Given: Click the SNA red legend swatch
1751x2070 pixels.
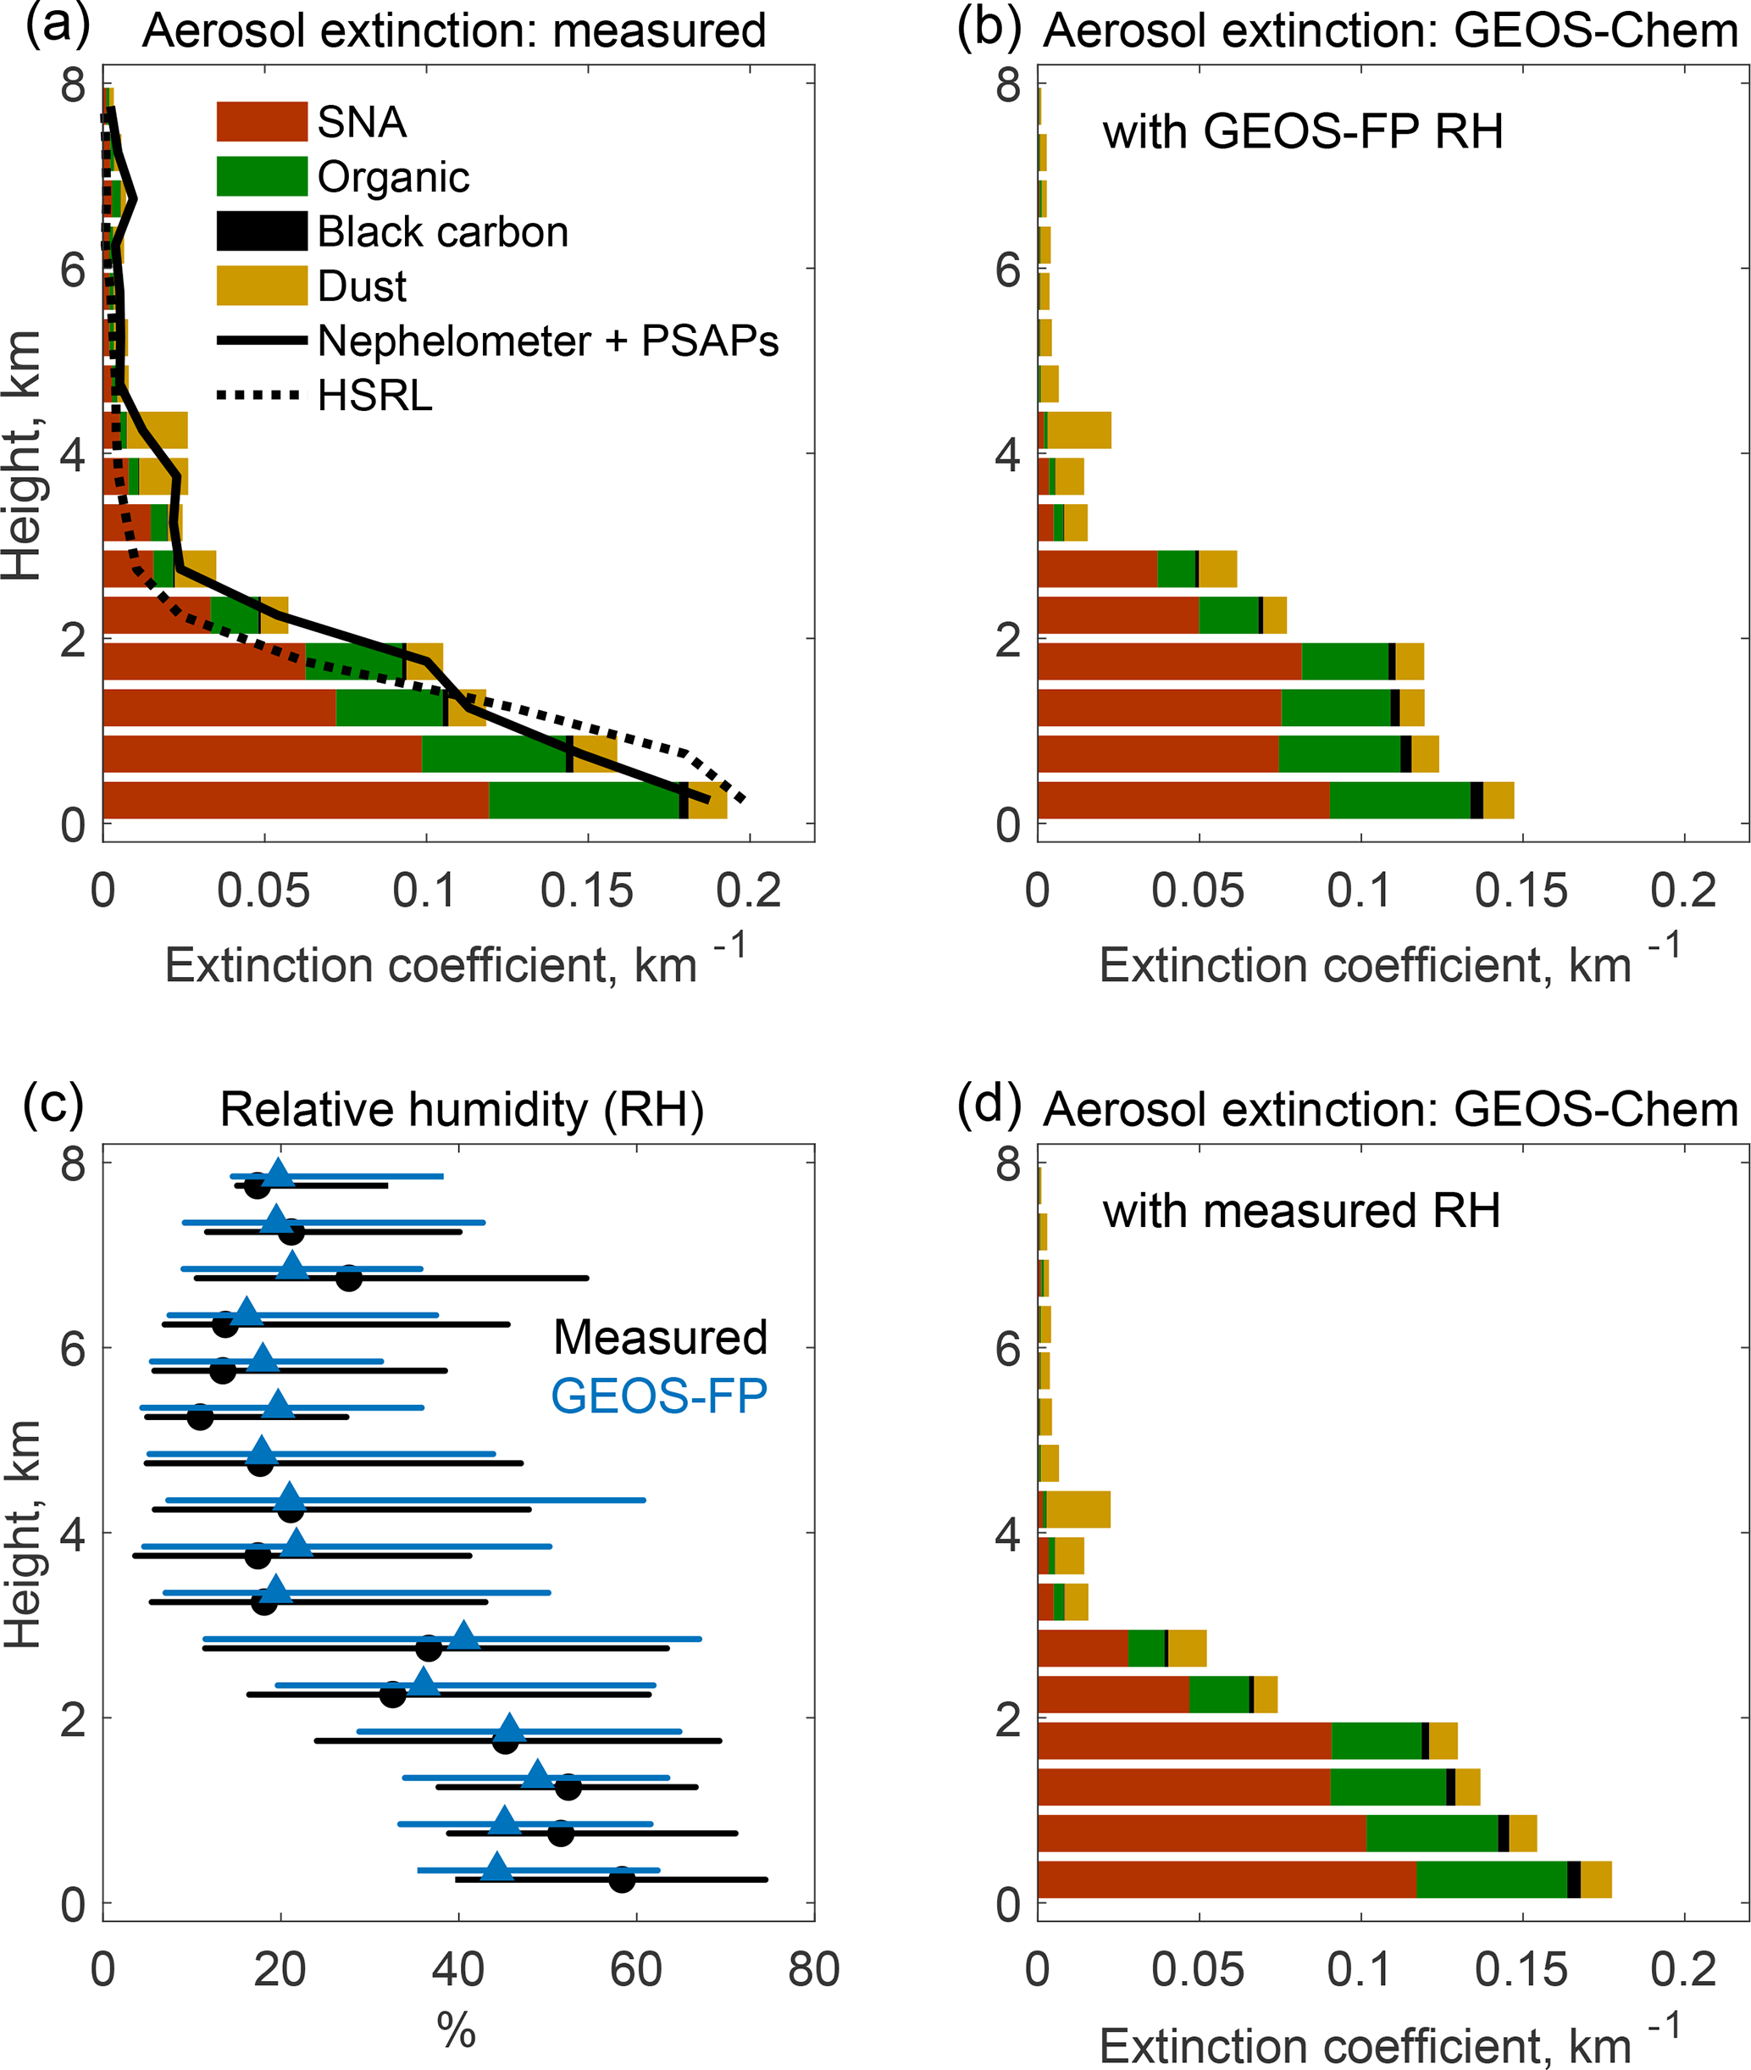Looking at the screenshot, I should click(x=262, y=121).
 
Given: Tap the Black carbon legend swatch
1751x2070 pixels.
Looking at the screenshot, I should click(x=262, y=230).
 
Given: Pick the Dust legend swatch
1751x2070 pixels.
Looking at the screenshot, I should click(x=262, y=285).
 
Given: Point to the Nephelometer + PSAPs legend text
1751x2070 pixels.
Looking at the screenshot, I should click(x=547, y=341).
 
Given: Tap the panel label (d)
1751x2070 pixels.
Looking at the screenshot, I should click(x=989, y=1103).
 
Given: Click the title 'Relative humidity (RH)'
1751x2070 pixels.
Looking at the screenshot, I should click(x=462, y=1109).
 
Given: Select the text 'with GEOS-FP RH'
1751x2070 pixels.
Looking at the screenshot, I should click(x=1302, y=131).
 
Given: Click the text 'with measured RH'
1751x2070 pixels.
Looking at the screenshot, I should click(x=1300, y=1210).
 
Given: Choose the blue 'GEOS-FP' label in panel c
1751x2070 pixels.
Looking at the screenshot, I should click(x=659, y=1396).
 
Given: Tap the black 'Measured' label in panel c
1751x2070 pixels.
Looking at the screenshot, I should click(x=660, y=1337).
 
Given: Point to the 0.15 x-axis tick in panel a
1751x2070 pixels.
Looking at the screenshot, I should click(x=587, y=891).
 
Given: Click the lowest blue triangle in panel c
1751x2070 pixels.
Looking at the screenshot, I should click(x=497, y=1867).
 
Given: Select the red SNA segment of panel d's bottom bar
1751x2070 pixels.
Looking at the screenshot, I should click(x=1226, y=1879).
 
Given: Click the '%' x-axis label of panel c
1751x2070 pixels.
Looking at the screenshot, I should click(x=457, y=2030).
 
